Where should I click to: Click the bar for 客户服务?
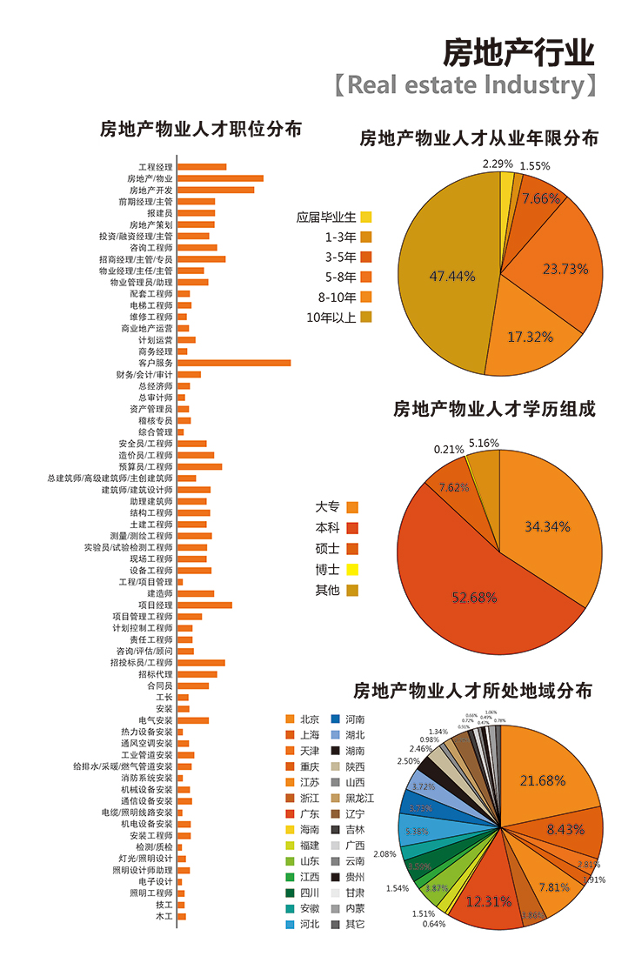[x=234, y=363]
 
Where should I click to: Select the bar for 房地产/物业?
[x=220, y=178]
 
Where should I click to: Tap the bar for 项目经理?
[x=204, y=605]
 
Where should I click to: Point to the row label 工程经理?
[x=156, y=167]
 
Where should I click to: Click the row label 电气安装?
[x=156, y=720]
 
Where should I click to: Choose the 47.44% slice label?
[x=452, y=277]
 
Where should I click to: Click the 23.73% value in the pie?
[x=565, y=270]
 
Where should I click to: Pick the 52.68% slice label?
[x=474, y=598]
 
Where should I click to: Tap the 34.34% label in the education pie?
[x=547, y=526]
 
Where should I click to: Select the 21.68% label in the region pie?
[x=543, y=781]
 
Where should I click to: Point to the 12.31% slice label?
[x=488, y=901]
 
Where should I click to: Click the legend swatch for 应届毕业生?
[x=366, y=217]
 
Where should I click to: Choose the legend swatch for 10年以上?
[x=366, y=317]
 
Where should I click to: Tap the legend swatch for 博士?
[x=352, y=570]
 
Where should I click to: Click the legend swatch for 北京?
[x=291, y=719]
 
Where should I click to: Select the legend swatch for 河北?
[x=291, y=924]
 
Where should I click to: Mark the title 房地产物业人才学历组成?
[x=494, y=409]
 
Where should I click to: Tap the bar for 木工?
[x=182, y=916]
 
